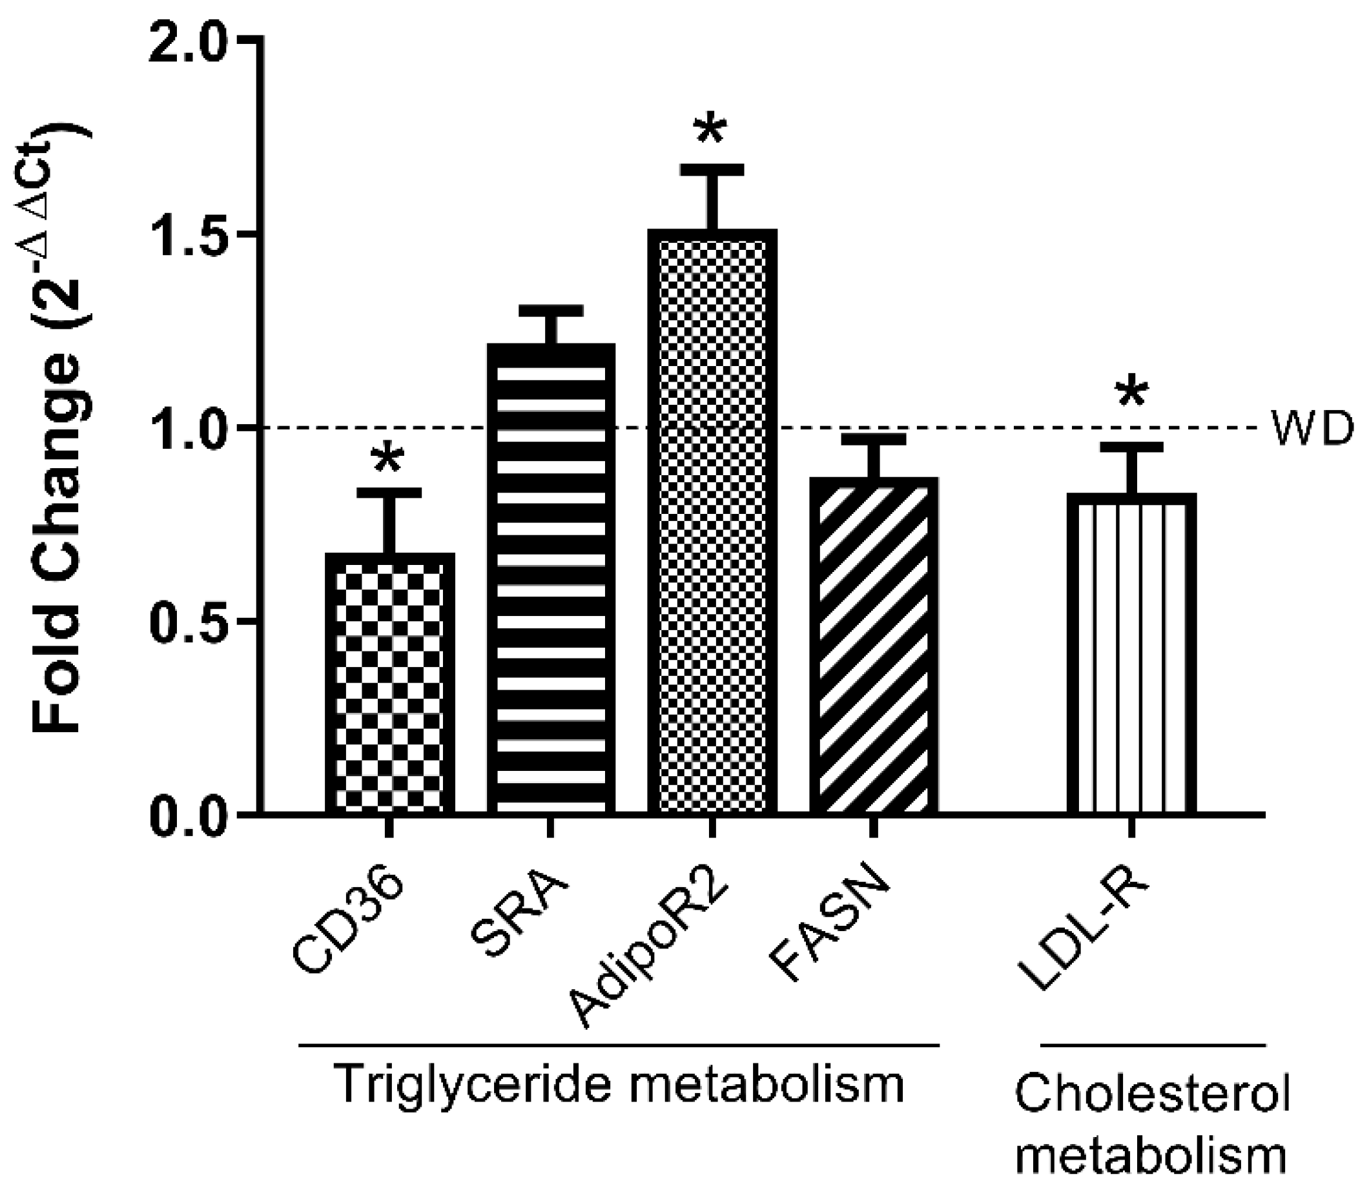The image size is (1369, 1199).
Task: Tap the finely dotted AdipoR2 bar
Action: point(712,522)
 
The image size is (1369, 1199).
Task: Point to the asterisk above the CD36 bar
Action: point(389,461)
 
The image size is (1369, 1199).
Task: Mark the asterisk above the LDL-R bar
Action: point(1131,395)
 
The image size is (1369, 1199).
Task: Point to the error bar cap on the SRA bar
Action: point(551,311)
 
